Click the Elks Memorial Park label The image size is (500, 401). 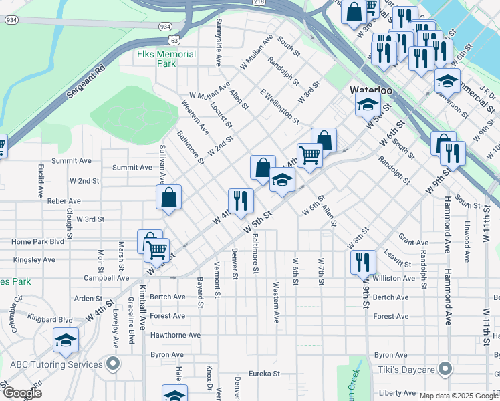(x=166, y=59)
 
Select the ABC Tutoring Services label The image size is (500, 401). (x=57, y=364)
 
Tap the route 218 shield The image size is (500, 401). (x=259, y=3)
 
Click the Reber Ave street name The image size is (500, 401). (x=64, y=200)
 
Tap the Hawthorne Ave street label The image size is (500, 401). (x=176, y=336)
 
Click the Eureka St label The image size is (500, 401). (x=263, y=374)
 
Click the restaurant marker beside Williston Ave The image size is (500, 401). (x=362, y=261)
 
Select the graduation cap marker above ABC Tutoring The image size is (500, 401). (x=66, y=341)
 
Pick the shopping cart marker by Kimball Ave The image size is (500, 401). (x=157, y=251)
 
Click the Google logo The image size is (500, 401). (x=23, y=394)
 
